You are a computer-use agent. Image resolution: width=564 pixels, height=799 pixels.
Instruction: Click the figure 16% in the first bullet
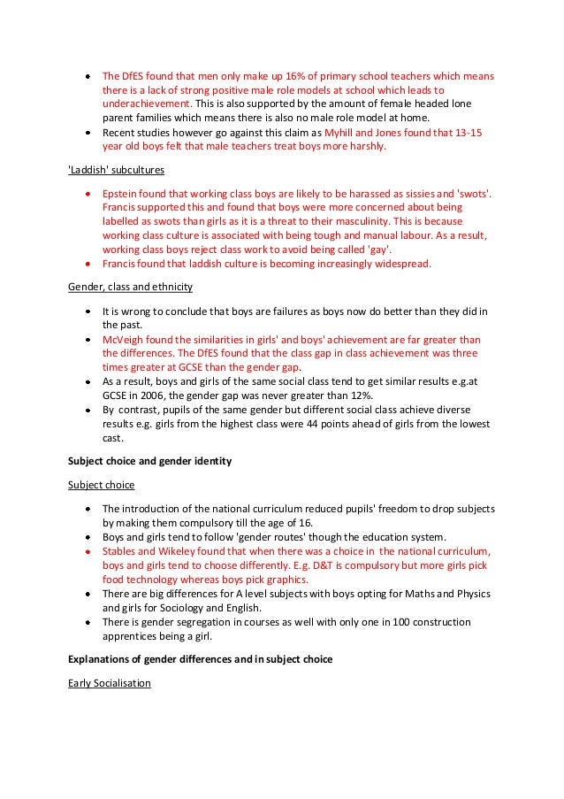click(x=273, y=76)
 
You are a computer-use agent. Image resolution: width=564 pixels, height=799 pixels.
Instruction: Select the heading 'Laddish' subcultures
click(x=116, y=168)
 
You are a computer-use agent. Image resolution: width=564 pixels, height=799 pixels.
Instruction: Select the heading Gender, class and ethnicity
click(x=131, y=288)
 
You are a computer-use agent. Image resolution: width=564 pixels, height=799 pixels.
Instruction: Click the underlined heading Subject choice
click(x=102, y=485)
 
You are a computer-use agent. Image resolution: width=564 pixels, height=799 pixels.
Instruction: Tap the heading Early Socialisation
click(x=110, y=683)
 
